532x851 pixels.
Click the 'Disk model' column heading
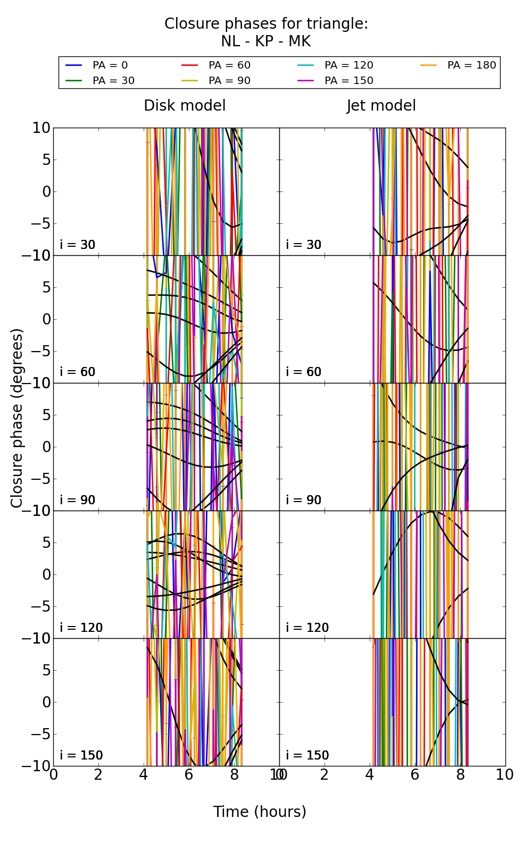185,106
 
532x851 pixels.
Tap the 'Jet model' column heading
381,106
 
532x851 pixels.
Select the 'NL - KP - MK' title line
265,41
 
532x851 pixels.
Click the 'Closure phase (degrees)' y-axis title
17,418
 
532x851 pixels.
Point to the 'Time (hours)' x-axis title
260,812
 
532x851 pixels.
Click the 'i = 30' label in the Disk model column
78,245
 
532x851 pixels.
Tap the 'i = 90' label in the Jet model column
304,500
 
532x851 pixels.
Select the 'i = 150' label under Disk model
81,755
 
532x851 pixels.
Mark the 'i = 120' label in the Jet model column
307,628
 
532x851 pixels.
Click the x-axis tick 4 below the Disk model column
144,775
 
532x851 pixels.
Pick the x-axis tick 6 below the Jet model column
415,775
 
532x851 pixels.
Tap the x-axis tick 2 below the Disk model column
98,775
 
